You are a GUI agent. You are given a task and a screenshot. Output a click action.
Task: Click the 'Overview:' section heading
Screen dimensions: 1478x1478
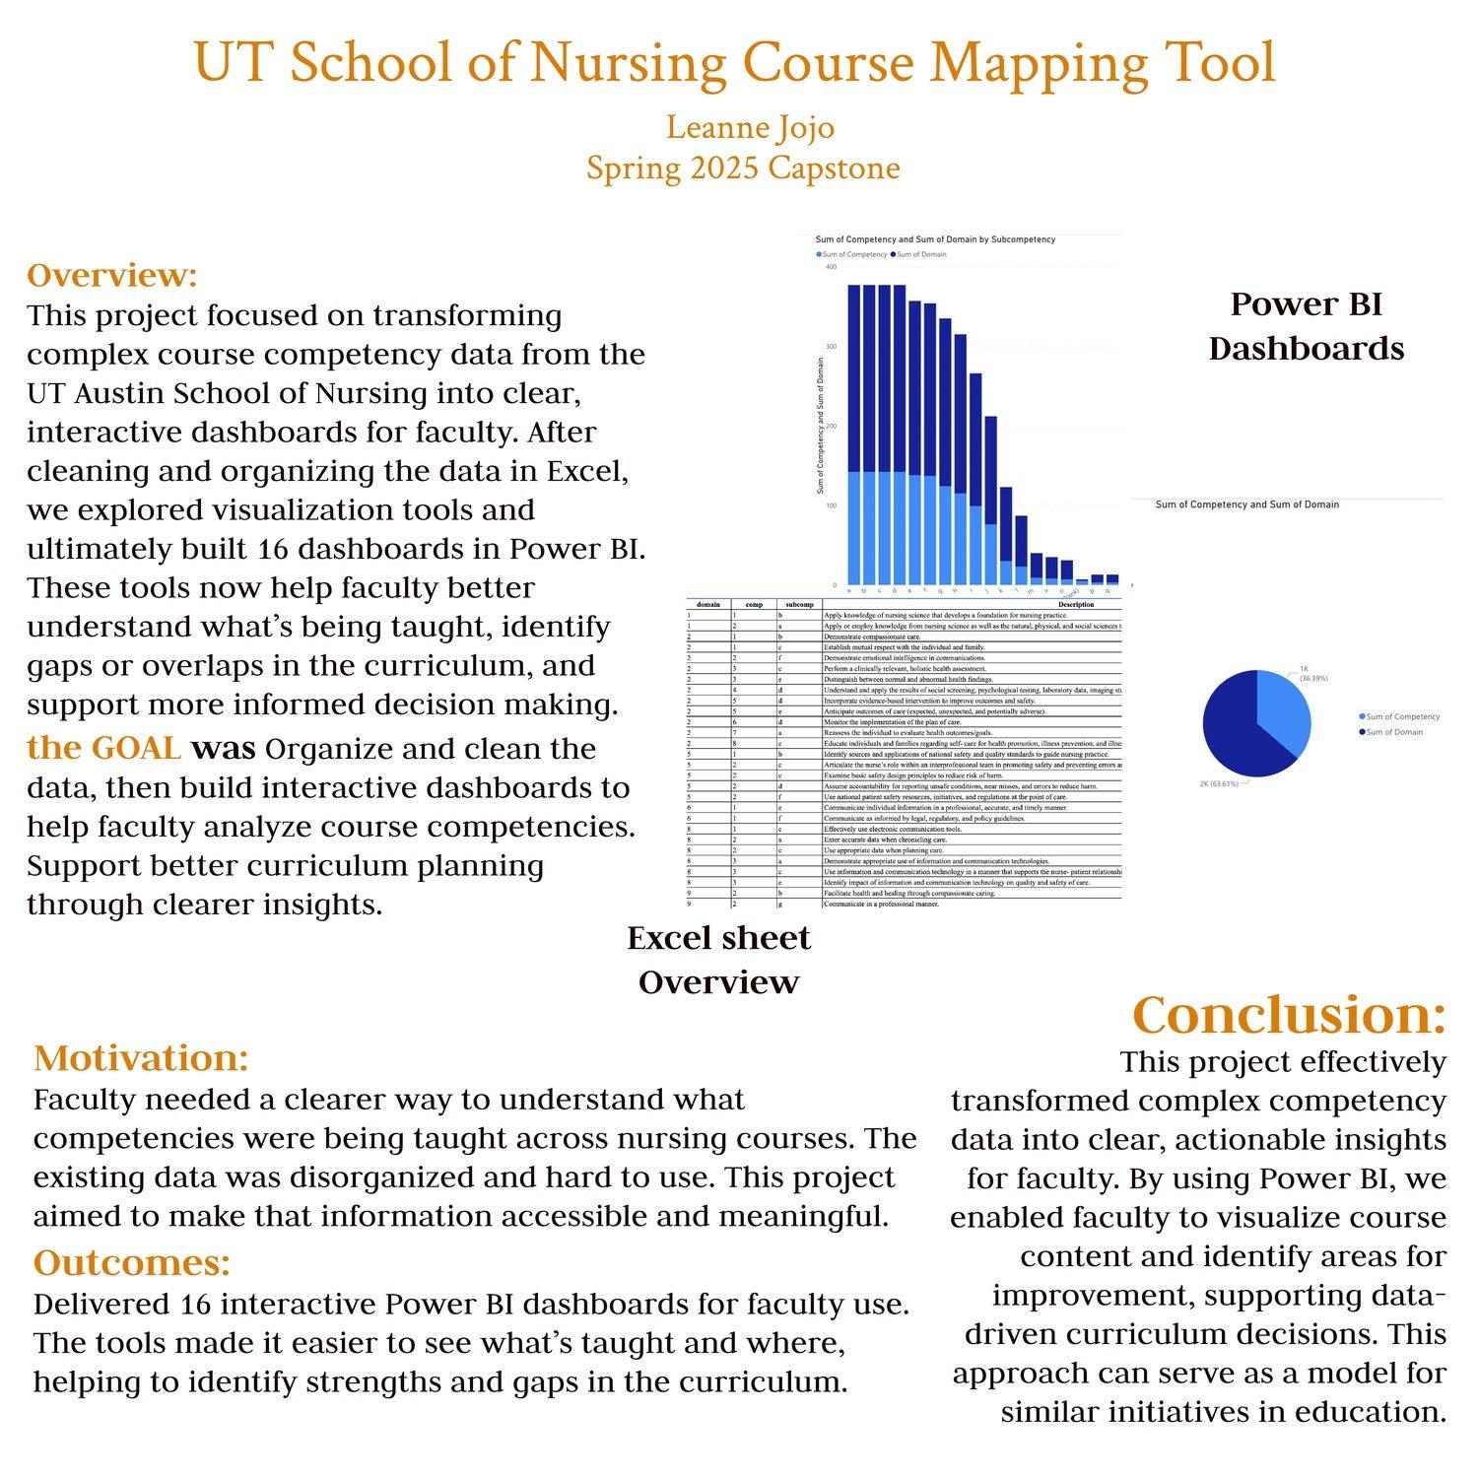pos(112,275)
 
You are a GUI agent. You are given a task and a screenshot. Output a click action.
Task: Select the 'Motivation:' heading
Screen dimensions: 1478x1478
pos(141,1058)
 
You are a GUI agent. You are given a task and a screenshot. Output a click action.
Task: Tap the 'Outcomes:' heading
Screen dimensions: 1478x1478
pos(132,1262)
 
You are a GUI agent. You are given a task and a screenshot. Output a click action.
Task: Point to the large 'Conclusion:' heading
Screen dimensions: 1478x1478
pos(1289,1015)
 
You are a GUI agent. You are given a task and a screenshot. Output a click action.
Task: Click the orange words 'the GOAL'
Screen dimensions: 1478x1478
pos(103,748)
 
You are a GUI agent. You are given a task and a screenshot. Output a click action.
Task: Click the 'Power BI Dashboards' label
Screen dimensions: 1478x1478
pos(1306,326)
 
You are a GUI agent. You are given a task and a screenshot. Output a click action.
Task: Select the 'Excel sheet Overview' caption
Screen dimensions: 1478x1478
pos(718,960)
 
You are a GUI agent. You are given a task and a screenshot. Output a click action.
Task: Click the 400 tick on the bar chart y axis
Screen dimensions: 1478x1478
pos(831,267)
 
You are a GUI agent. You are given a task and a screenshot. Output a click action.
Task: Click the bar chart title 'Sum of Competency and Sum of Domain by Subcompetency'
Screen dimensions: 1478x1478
pos(935,239)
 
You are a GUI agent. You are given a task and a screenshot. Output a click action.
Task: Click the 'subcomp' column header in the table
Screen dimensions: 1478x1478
pos(798,604)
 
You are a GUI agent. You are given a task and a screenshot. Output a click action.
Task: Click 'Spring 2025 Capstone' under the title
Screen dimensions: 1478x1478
pos(743,168)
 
